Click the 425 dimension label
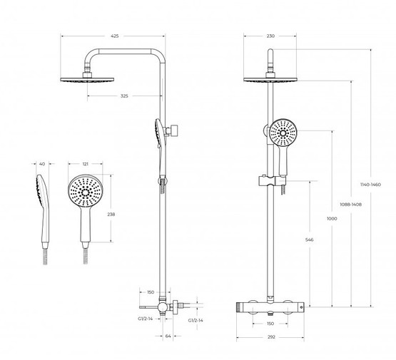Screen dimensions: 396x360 (x=115, y=36)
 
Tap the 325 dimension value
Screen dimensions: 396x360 (x=124, y=96)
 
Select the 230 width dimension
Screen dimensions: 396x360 (x=270, y=36)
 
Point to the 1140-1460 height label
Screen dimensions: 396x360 (x=370, y=185)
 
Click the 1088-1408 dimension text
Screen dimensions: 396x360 (x=351, y=205)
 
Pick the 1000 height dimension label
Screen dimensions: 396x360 (x=332, y=218)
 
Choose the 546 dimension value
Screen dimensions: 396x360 (x=310, y=240)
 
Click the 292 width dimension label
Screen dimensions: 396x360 (x=271, y=336)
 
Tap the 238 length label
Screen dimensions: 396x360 (x=111, y=214)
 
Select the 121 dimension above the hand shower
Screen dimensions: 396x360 (x=86, y=164)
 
